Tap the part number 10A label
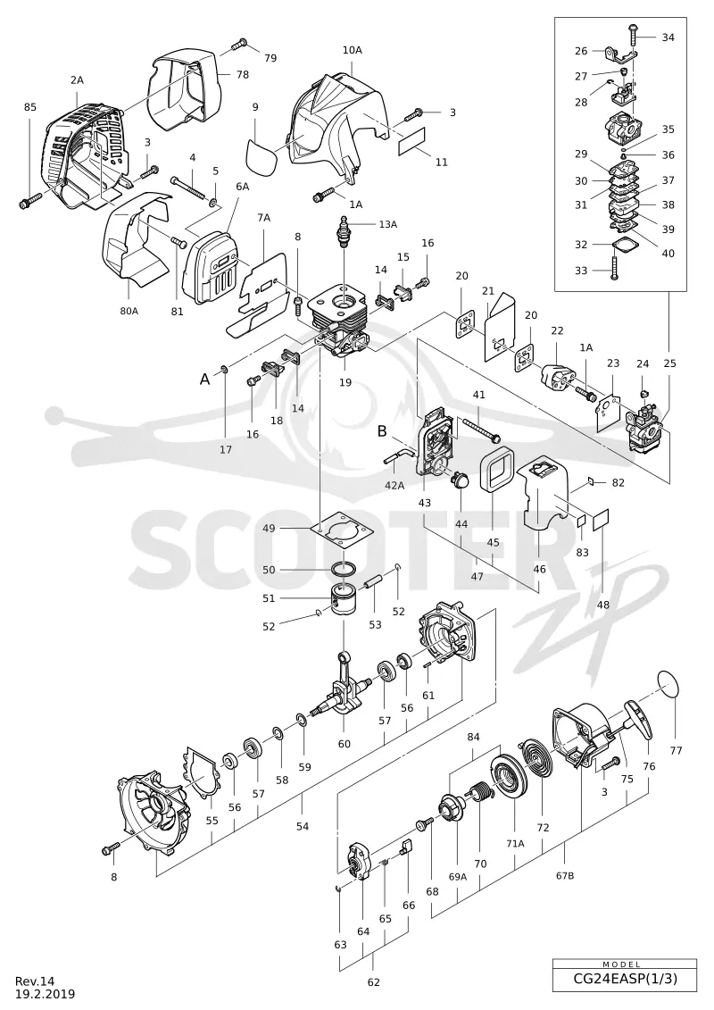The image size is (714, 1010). click(x=352, y=50)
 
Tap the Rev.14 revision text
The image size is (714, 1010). click(x=36, y=981)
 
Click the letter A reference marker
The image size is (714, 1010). click(x=204, y=380)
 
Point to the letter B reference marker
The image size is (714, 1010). click(x=382, y=431)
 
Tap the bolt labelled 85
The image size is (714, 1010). click(x=29, y=204)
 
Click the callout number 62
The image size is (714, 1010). click(x=373, y=982)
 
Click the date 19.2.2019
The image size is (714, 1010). click(x=45, y=994)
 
